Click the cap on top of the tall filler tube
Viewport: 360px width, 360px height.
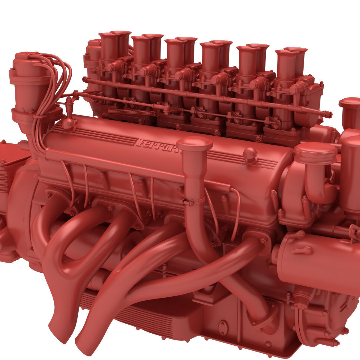pyautogui.click(x=194, y=144)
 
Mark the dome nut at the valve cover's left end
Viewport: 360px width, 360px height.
pyautogui.click(x=69, y=123)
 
